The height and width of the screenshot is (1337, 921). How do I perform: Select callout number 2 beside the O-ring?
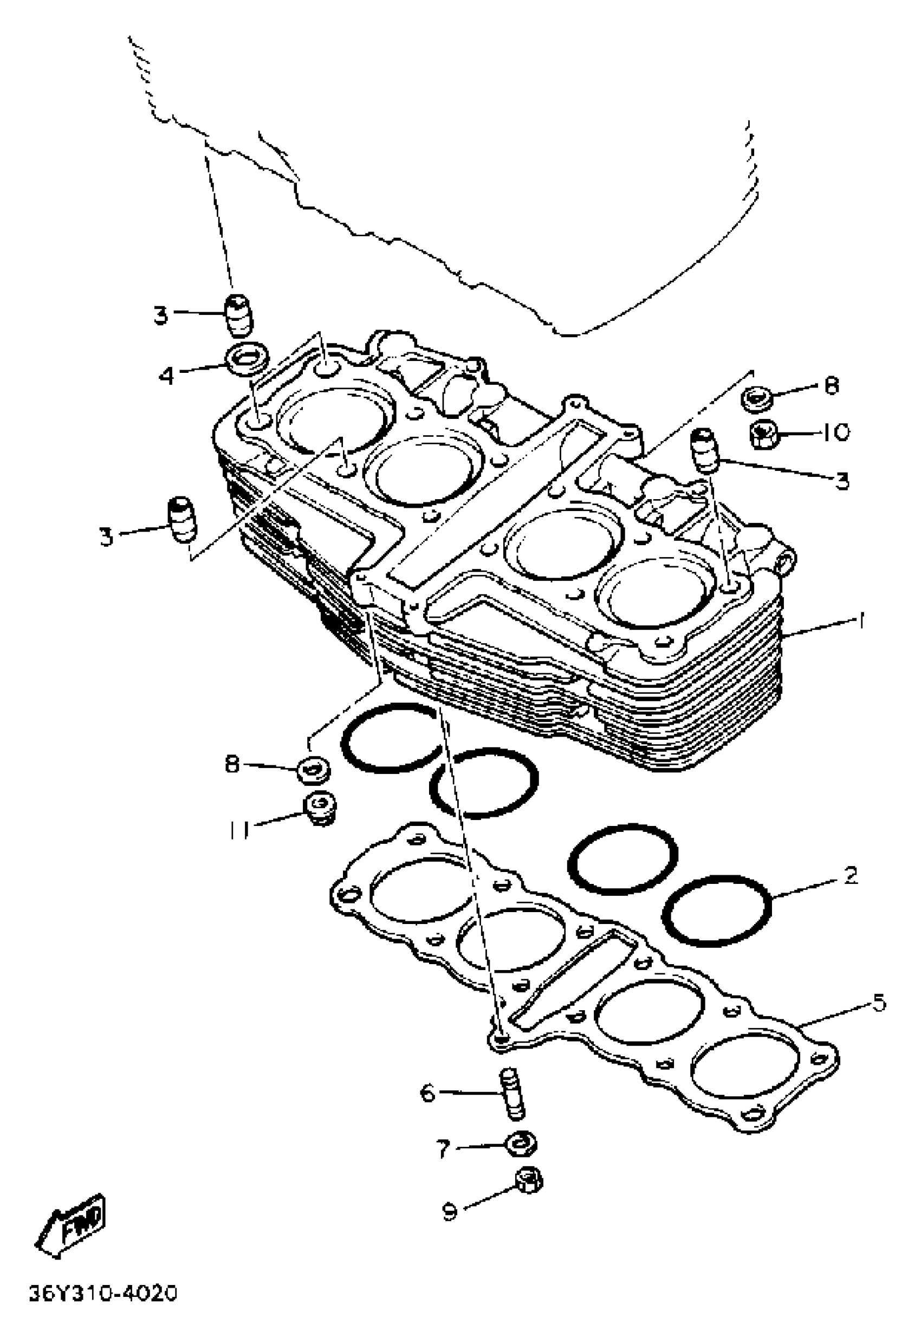pos(850,876)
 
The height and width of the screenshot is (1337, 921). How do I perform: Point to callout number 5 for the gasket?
pos(878,1004)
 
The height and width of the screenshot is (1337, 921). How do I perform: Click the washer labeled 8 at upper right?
pos(756,398)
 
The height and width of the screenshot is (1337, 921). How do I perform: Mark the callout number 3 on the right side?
pos(843,480)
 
